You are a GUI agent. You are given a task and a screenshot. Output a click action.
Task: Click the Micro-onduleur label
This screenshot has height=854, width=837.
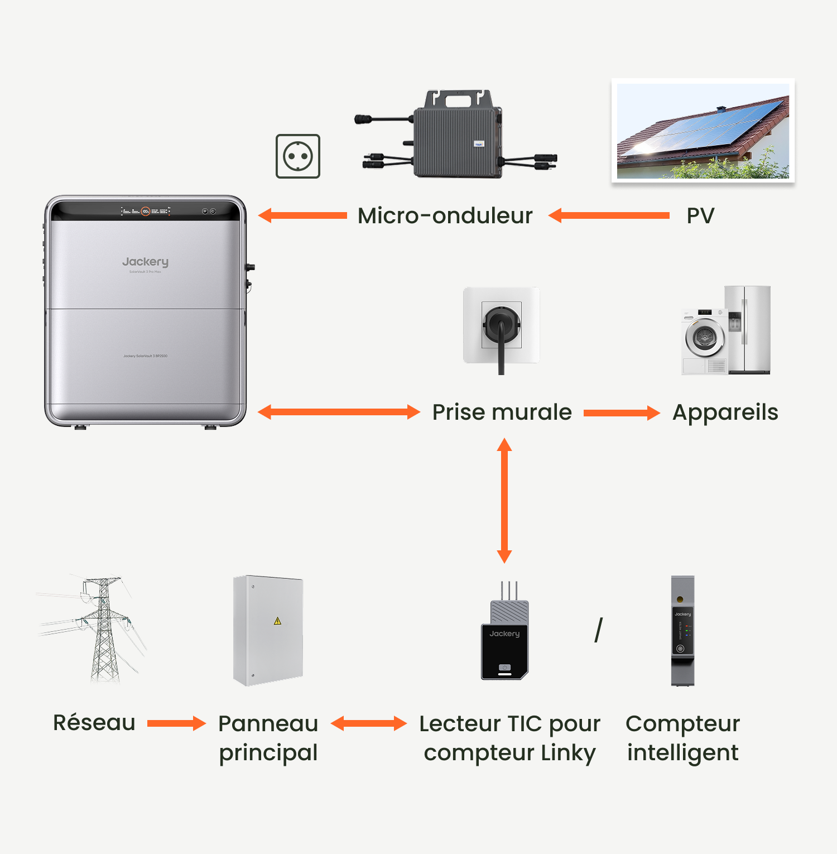445,215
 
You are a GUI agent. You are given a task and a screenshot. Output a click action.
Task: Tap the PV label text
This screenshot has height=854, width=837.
700,215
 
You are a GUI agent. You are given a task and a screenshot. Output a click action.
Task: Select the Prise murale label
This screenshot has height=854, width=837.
502,412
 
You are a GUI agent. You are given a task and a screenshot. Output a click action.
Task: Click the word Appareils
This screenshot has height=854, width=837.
725,412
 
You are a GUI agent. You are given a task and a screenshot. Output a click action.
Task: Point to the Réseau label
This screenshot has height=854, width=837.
94,723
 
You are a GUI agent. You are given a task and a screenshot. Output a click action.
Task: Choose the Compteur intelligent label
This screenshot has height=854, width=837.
682,738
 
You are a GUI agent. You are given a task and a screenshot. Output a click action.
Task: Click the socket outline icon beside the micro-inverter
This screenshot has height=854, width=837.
298,156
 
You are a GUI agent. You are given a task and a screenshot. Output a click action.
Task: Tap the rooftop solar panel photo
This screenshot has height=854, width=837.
703,131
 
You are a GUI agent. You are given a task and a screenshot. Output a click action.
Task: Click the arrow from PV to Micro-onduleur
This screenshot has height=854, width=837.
609,215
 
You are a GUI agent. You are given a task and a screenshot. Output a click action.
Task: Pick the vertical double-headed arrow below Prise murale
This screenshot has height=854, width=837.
504,501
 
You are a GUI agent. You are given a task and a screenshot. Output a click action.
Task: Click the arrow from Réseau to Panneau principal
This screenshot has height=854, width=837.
176,723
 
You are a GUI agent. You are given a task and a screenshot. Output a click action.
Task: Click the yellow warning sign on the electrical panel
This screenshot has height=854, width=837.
277,621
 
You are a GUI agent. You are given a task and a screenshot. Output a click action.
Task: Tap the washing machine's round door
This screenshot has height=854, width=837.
704,338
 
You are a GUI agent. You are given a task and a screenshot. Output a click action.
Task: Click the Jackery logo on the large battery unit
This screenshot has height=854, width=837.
145,262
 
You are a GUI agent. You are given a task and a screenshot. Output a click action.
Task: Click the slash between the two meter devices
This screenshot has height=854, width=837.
599,630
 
